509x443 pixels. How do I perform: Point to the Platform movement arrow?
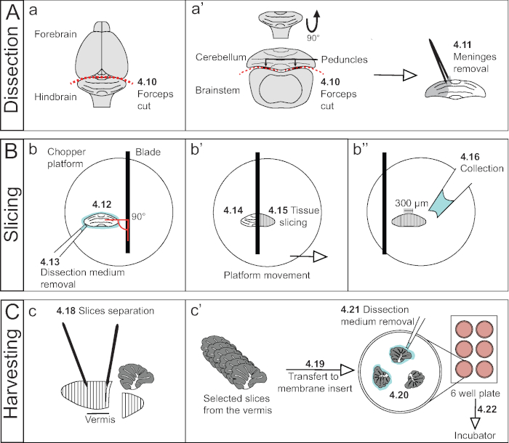pos(309,256)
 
